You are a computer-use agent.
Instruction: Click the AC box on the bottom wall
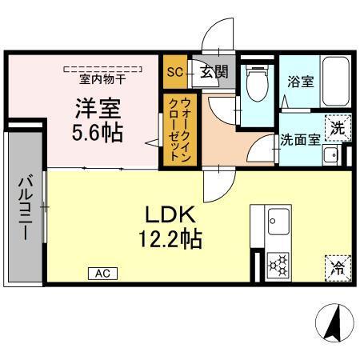(x=102, y=274)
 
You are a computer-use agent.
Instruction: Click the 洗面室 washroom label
(x=300, y=138)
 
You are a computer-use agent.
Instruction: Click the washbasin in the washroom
(x=328, y=155)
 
